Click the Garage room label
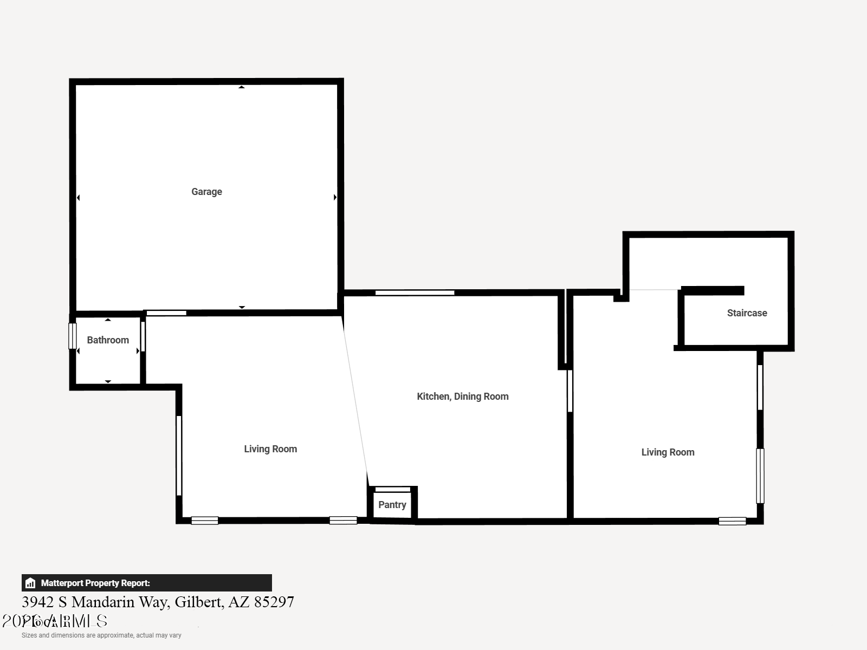pyautogui.click(x=206, y=192)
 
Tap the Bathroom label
pyautogui.click(x=108, y=340)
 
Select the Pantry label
pyautogui.click(x=392, y=505)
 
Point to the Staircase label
pyautogui.click(x=747, y=313)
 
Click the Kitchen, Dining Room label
pyautogui.click(x=463, y=396)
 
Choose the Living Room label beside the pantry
pyautogui.click(x=270, y=449)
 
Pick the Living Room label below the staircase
pyautogui.click(x=668, y=452)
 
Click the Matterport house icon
pyautogui.click(x=30, y=583)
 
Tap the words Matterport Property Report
pyautogui.click(x=95, y=583)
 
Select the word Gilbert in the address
pyautogui.click(x=197, y=602)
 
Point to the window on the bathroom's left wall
pyautogui.click(x=72, y=336)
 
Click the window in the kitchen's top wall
pyautogui.click(x=415, y=293)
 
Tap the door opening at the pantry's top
pyautogui.click(x=393, y=490)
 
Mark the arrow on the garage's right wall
pyautogui.click(x=335, y=198)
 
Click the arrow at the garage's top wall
pyautogui.click(x=242, y=87)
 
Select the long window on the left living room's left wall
pyautogui.click(x=179, y=455)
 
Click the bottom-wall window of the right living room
pyautogui.click(x=732, y=521)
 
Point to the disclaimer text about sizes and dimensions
pyautogui.click(x=101, y=635)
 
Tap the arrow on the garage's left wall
pyautogui.click(x=79, y=198)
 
